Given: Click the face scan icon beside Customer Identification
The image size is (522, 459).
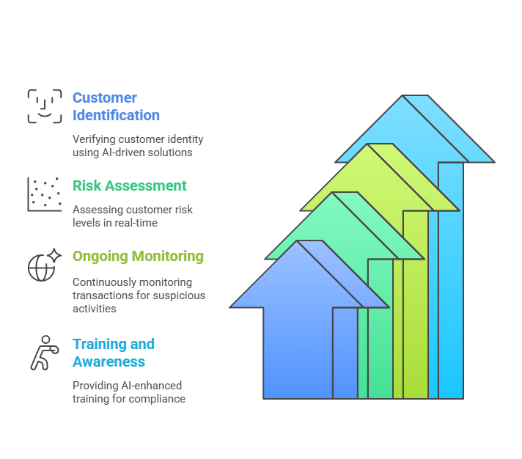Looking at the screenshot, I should [45, 106].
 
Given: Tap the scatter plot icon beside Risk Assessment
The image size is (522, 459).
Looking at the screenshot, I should [45, 194].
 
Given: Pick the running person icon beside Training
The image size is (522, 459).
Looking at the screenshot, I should [43, 353].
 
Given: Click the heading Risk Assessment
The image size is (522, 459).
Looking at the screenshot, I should [130, 186].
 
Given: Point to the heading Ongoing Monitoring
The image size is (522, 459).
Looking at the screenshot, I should [138, 257].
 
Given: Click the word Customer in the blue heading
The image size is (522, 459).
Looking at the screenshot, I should [105, 98].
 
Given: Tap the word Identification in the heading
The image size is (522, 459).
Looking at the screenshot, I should [116, 115].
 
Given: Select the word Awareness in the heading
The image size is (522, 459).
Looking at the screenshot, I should [109, 361].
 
